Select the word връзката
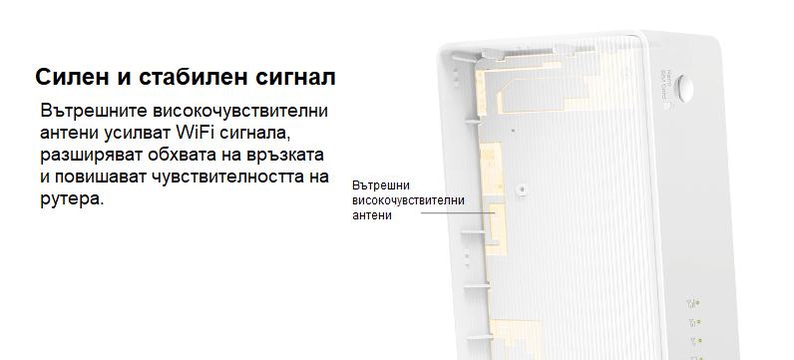tap(290, 156)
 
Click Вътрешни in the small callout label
tap(382, 185)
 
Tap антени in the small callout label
tap(373, 215)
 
